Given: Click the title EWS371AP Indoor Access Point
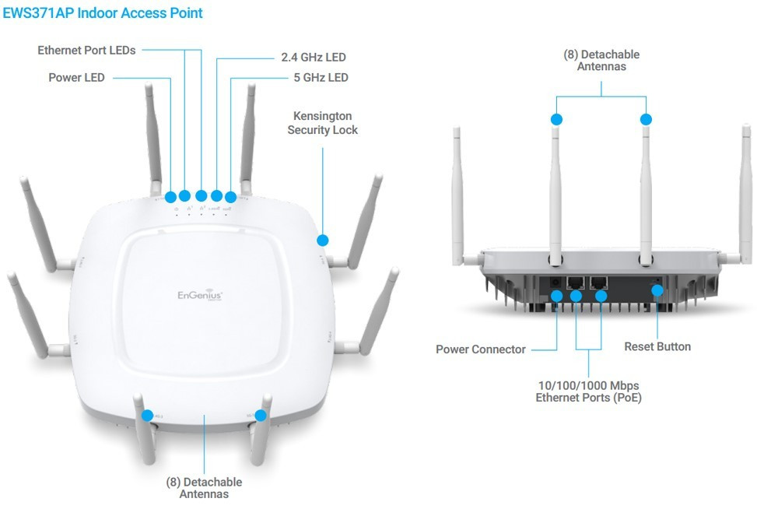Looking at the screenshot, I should click(x=103, y=12).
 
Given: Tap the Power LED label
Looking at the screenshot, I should click(x=76, y=78).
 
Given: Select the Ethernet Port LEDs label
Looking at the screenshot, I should click(x=86, y=51).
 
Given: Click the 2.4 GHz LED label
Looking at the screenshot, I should click(x=313, y=58).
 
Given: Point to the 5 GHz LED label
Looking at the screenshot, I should click(x=321, y=78).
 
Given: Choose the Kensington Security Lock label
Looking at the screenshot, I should click(x=322, y=123).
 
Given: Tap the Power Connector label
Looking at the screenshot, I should click(x=480, y=349).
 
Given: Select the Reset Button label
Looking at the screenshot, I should click(x=657, y=346).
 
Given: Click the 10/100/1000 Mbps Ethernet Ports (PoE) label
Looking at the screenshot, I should click(x=588, y=391).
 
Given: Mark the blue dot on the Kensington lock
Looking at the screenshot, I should click(x=323, y=240).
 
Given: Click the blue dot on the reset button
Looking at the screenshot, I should click(x=657, y=291).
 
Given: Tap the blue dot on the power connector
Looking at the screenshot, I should click(x=557, y=295).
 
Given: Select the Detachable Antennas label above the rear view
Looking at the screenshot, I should click(x=601, y=61).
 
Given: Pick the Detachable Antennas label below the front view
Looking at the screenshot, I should click(x=204, y=488).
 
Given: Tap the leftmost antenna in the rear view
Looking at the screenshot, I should click(x=457, y=195).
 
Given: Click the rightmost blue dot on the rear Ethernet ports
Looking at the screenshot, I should click(x=601, y=295).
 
